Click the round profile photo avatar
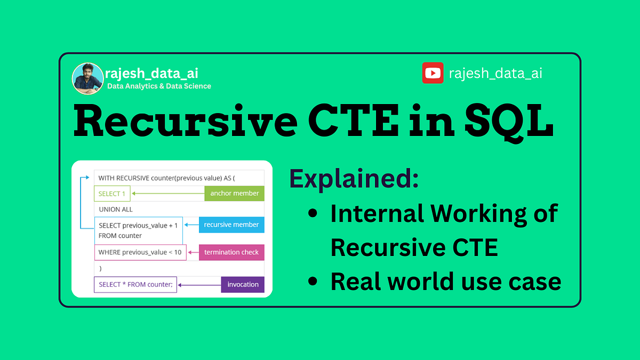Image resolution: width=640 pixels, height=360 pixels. point(87,78)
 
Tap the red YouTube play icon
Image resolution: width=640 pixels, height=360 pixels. point(433,73)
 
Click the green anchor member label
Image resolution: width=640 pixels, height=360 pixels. point(234,193)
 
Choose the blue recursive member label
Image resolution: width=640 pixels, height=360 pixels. point(231,225)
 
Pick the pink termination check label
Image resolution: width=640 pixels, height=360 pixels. point(231,252)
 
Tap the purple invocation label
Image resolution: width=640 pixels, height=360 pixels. point(243,284)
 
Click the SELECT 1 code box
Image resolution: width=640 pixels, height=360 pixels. point(112,194)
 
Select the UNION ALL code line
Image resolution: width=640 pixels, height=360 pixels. point(116,209)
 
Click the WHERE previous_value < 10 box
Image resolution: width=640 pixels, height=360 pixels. point(140,252)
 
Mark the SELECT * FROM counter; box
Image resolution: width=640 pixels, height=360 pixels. point(135,284)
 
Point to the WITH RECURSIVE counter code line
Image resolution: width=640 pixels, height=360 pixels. point(166,178)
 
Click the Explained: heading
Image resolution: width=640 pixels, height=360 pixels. point(354,179)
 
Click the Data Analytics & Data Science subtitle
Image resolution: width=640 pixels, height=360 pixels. point(159,86)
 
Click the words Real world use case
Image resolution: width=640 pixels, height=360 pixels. point(445,281)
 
